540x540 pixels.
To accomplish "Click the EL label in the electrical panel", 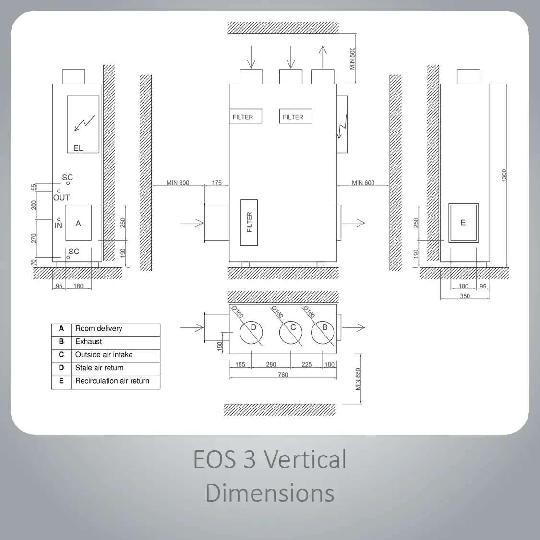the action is point(78,148).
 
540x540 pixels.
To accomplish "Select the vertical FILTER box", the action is point(249,222).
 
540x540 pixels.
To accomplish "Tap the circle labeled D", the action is point(251,333).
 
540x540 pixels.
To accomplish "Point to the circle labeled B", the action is point(323,333).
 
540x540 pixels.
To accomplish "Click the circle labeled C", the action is point(291,333).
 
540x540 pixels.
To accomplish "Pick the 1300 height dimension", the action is point(504,176).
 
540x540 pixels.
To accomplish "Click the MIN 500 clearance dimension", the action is point(352,59).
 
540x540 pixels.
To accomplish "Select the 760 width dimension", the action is point(283,375).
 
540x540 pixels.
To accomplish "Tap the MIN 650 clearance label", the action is point(358,379).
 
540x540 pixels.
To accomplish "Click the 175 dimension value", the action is point(216,183).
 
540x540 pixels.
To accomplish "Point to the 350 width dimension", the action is point(465,296).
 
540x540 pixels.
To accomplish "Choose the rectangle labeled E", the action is point(464,223).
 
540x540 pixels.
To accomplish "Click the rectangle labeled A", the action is point(79,223).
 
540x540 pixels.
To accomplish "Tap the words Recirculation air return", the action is point(112,381).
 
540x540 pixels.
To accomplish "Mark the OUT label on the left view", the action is point(61,198).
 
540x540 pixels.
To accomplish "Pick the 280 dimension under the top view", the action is point(271,364).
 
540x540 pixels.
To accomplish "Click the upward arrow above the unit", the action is point(323,57).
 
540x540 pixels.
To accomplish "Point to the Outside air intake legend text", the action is point(104,355).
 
